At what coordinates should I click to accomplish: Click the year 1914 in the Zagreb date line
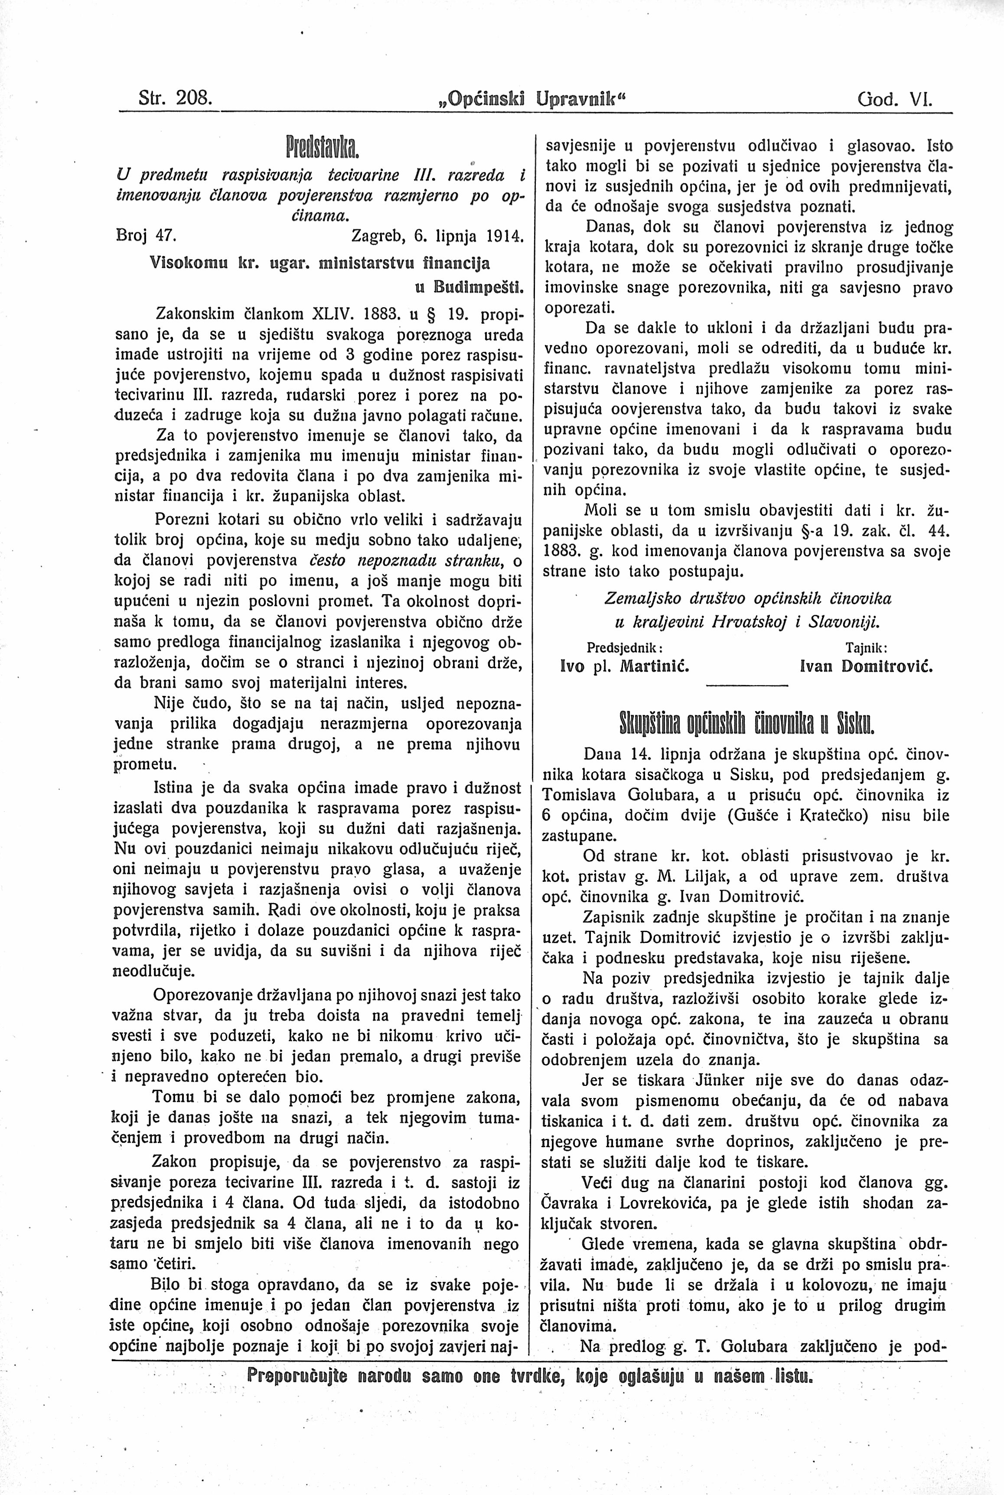(x=505, y=235)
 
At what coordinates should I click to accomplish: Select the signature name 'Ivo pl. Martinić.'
(x=624, y=666)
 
